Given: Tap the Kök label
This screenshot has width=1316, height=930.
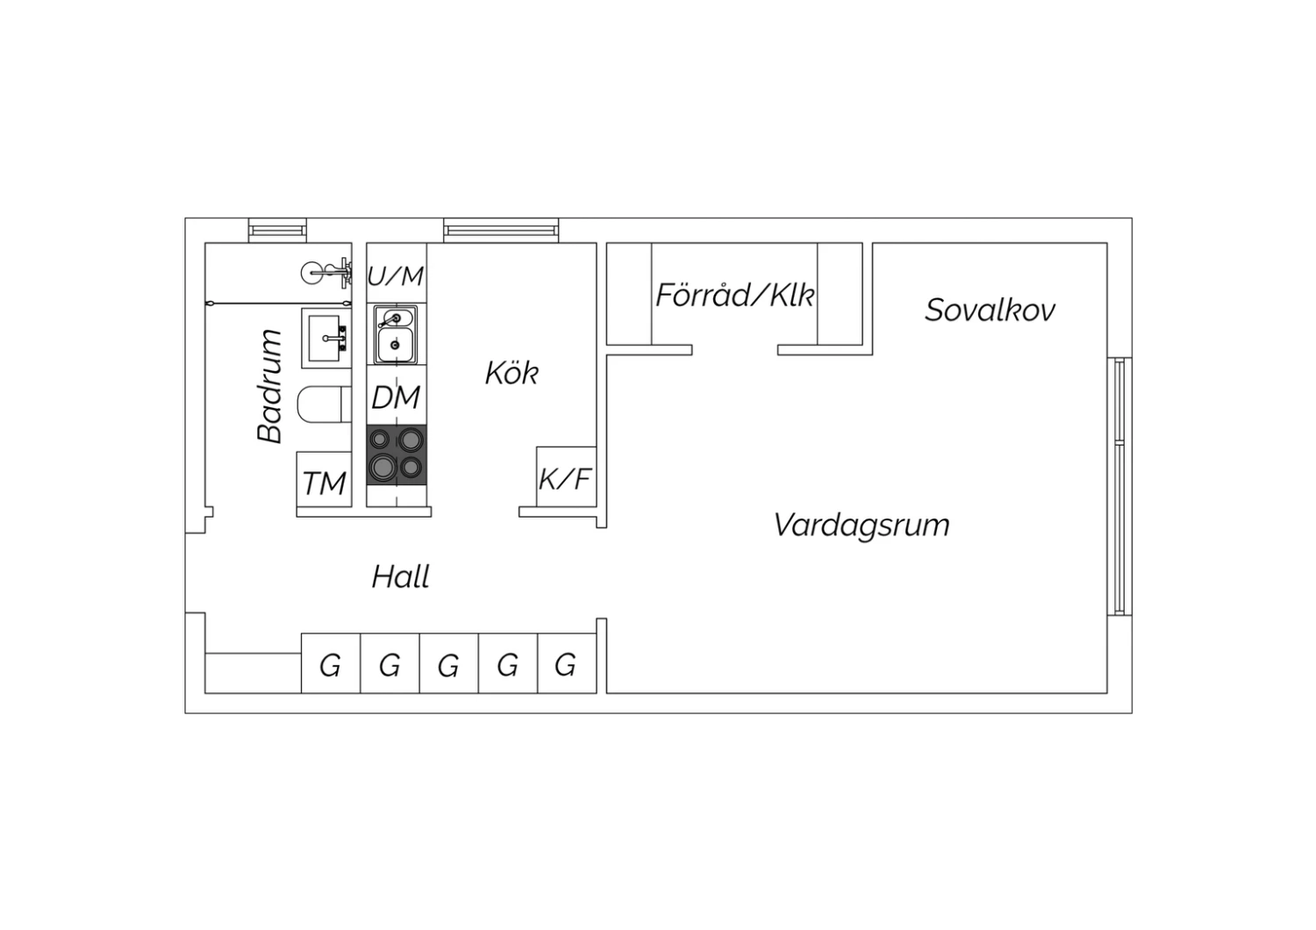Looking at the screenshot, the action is (x=511, y=373).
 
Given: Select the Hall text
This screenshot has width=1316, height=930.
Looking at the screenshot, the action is (x=401, y=576).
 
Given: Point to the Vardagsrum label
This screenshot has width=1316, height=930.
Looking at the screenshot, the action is (x=862, y=526).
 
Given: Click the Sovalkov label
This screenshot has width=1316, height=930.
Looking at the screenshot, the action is (x=990, y=310).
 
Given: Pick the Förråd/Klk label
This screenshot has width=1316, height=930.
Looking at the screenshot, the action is (x=735, y=294).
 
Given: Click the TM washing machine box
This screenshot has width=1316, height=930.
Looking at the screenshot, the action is (x=325, y=479).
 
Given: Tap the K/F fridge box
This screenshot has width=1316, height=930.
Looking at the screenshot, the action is (x=567, y=476).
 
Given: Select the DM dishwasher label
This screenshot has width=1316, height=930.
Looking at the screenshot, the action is (x=396, y=397).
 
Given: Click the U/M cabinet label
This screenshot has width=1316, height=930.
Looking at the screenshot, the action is (x=396, y=275).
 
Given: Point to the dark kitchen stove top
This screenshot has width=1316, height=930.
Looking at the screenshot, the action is (x=397, y=455).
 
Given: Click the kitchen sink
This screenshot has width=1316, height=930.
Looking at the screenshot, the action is (x=396, y=334).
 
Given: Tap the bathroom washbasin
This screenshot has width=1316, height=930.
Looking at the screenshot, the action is (x=326, y=339).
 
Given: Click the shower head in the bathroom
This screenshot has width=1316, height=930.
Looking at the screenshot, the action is (x=326, y=273).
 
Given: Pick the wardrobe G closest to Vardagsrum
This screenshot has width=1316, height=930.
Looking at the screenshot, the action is (x=567, y=663).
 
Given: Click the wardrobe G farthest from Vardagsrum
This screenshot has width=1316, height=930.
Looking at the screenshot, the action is (x=331, y=663).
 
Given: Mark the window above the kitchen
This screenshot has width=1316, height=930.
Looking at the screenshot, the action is (x=501, y=230).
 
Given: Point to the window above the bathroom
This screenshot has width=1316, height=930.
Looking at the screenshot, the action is (x=277, y=230).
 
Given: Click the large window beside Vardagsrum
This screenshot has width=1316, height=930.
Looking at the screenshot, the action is (x=1119, y=486).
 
